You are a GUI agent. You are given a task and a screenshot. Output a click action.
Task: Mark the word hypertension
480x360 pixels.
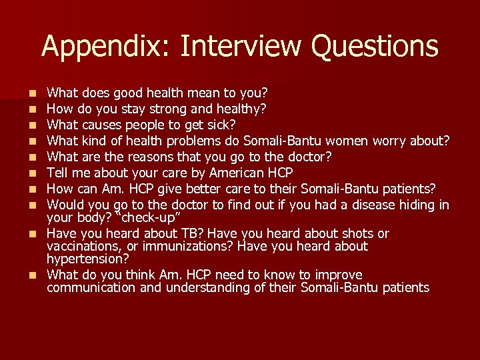88,259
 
